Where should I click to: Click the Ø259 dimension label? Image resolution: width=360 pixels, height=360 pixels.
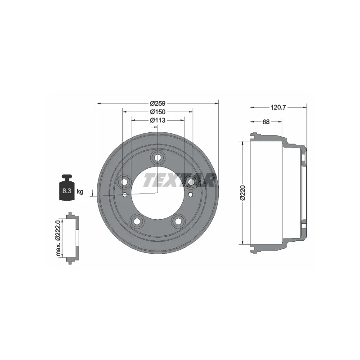[157, 103]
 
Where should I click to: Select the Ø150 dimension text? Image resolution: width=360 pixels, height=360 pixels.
[157, 112]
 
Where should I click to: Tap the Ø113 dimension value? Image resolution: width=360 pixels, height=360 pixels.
[157, 120]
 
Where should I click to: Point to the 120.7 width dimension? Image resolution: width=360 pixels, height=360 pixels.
[278, 107]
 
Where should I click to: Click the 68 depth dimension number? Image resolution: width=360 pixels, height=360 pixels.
[266, 121]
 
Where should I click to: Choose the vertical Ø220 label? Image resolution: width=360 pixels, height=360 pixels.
[243, 193]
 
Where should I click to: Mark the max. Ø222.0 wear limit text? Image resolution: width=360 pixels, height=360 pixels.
[58, 238]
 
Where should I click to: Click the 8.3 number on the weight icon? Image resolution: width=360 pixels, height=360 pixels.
[67, 190]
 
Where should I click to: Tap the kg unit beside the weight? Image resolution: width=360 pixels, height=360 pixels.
[80, 191]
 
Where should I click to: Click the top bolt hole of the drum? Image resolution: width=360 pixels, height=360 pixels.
[157, 157]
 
